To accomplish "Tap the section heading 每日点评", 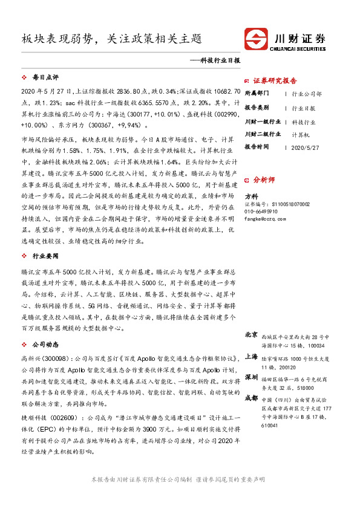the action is [x=45, y=78].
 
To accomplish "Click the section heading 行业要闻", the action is [x=45, y=256].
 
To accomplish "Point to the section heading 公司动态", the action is [x=45, y=344].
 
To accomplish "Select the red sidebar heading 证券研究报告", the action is [x=275, y=80].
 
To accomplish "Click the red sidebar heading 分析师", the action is [x=264, y=180].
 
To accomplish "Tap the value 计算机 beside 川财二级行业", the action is [x=301, y=134].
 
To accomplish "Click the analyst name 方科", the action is [x=251, y=196].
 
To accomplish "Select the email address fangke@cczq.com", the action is [x=266, y=219].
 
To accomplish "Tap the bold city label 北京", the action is [x=251, y=335].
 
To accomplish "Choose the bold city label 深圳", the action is [x=251, y=377].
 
